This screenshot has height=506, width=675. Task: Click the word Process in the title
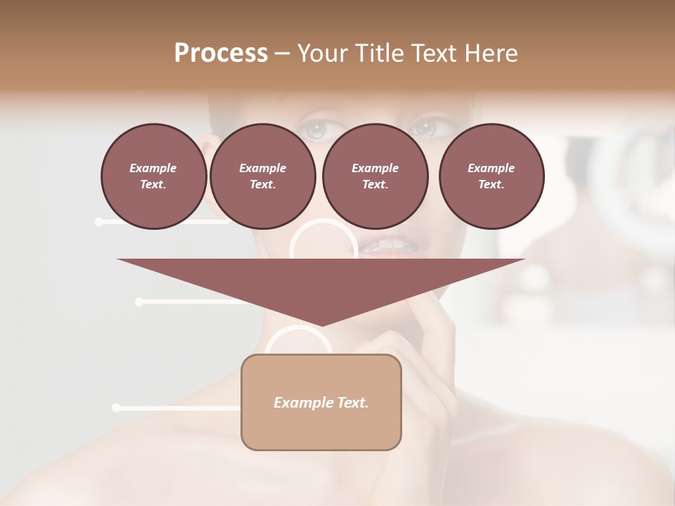[x=221, y=53]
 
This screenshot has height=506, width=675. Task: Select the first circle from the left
[x=153, y=176]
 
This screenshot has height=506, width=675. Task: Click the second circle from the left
[x=262, y=176]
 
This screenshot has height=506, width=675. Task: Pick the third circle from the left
[x=375, y=176]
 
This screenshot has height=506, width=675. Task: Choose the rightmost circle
[x=491, y=176]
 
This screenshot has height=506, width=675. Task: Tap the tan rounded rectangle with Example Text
[x=321, y=402]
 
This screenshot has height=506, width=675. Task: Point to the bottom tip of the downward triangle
[x=321, y=325]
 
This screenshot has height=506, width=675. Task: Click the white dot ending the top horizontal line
[x=99, y=222]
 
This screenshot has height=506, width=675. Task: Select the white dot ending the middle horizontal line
[x=139, y=302]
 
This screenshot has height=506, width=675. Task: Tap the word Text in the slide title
[x=434, y=53]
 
